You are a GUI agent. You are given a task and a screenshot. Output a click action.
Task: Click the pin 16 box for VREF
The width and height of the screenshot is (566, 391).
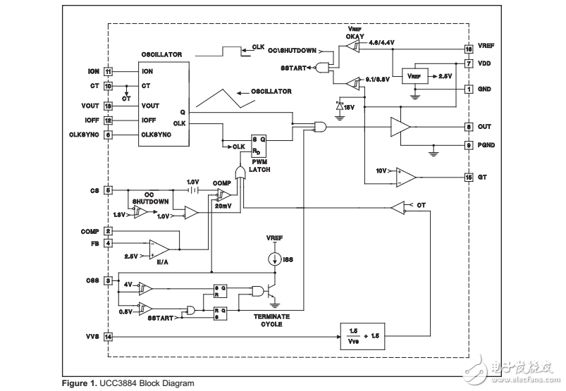pos(468,49)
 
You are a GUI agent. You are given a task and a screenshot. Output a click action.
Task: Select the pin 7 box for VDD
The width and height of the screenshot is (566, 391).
pos(468,63)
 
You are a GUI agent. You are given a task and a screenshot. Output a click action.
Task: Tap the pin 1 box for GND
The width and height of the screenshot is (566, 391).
pos(468,89)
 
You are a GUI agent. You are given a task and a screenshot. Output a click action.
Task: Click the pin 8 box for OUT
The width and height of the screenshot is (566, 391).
pos(468,127)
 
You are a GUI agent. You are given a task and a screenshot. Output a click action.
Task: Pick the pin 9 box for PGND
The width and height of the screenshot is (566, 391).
pos(468,146)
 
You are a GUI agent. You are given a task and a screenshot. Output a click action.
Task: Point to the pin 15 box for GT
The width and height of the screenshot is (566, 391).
pos(468,177)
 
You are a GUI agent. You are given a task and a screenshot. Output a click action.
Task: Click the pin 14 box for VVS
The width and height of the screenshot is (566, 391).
pos(108,336)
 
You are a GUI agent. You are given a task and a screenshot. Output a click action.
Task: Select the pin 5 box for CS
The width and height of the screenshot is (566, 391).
pos(108,190)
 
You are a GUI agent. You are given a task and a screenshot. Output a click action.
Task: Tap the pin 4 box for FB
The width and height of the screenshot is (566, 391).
pos(108,243)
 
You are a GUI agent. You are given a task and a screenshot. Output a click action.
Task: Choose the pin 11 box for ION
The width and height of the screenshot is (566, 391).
pos(108,71)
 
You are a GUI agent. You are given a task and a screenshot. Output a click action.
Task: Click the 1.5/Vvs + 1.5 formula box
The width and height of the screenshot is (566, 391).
pos(367,336)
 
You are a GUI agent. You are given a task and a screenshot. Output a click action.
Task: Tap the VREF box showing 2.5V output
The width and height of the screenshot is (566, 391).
pos(414,75)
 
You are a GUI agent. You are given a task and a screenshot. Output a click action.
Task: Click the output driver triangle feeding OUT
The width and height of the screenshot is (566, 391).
pos(401,127)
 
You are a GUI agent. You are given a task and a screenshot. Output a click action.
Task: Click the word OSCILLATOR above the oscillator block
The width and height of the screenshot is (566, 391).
pos(161,54)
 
